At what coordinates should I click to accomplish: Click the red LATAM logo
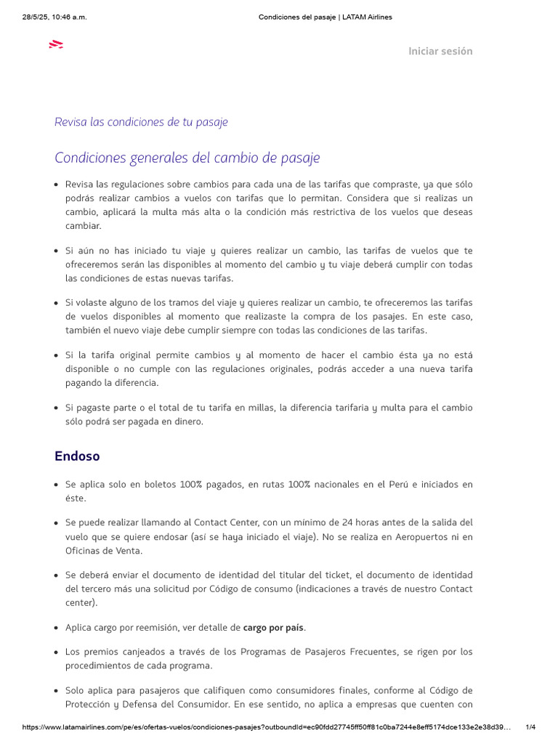click(x=56, y=45)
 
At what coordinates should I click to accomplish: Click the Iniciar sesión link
click(x=440, y=51)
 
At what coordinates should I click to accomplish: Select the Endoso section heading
click(x=77, y=456)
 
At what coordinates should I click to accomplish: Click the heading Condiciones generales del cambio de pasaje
click(x=187, y=158)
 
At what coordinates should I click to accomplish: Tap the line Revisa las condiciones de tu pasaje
click(x=141, y=122)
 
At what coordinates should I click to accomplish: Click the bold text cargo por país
click(x=274, y=627)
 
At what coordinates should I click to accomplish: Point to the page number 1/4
click(x=530, y=727)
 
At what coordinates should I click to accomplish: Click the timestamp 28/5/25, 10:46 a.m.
click(x=54, y=17)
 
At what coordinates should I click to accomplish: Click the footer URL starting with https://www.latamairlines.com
click(x=267, y=727)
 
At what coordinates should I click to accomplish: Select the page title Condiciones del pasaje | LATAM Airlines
click(x=325, y=17)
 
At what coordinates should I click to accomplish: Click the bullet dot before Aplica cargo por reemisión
click(x=56, y=628)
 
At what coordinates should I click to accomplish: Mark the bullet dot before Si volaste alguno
click(x=56, y=303)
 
